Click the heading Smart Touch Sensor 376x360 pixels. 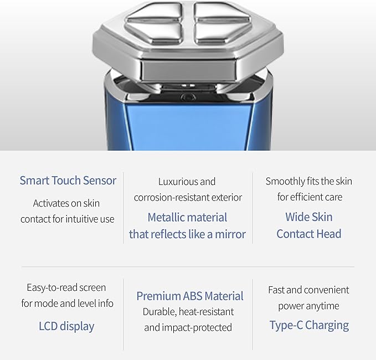click(x=68, y=181)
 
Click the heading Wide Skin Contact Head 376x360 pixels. click(x=309, y=225)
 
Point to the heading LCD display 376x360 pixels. click(x=66, y=326)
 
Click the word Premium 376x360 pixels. click(x=158, y=296)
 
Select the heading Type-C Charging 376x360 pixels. click(x=309, y=326)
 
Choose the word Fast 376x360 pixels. click(x=276, y=290)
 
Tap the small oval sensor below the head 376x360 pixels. click(x=188, y=97)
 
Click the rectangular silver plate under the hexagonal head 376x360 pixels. click(x=188, y=70)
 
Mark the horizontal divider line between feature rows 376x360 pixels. click(x=188, y=266)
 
